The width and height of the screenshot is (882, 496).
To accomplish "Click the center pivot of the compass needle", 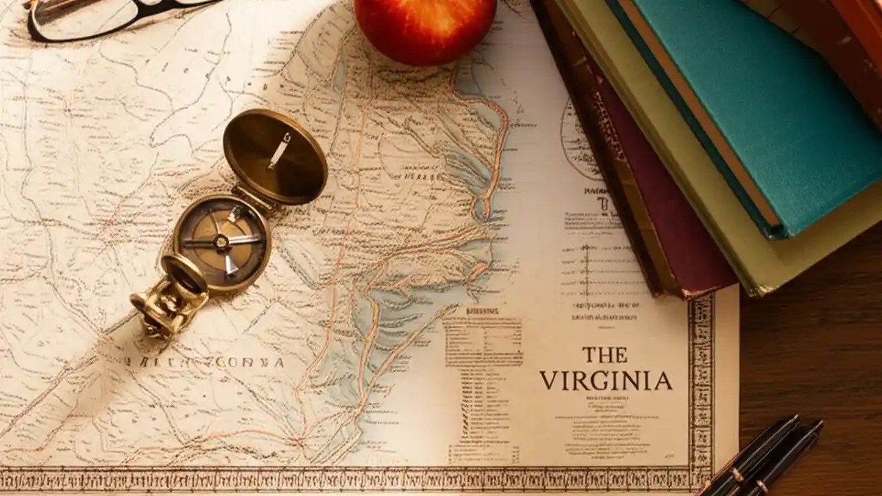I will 221,241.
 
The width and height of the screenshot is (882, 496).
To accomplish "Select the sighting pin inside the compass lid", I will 279,150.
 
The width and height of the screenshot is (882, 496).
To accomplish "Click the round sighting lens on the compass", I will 184,277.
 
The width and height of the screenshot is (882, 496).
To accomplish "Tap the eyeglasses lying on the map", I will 103,17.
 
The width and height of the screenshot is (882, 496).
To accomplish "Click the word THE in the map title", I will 605,355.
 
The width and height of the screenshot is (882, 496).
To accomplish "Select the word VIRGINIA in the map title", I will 606,381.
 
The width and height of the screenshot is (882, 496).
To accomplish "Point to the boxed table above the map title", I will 482,341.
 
